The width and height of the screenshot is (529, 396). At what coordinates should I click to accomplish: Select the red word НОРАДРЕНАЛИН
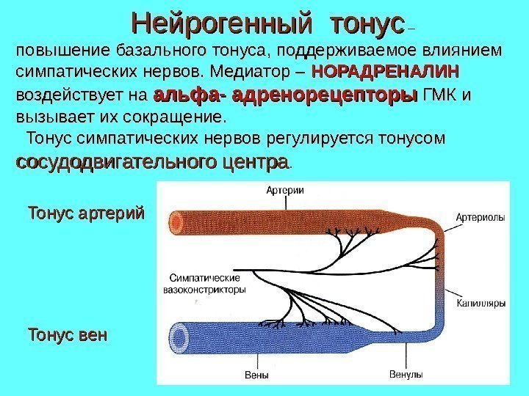386,73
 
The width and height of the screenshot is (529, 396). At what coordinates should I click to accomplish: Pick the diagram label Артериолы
479,217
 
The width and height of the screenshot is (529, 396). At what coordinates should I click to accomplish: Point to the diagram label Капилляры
479,302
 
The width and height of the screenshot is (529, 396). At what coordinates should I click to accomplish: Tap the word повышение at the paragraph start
57,51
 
